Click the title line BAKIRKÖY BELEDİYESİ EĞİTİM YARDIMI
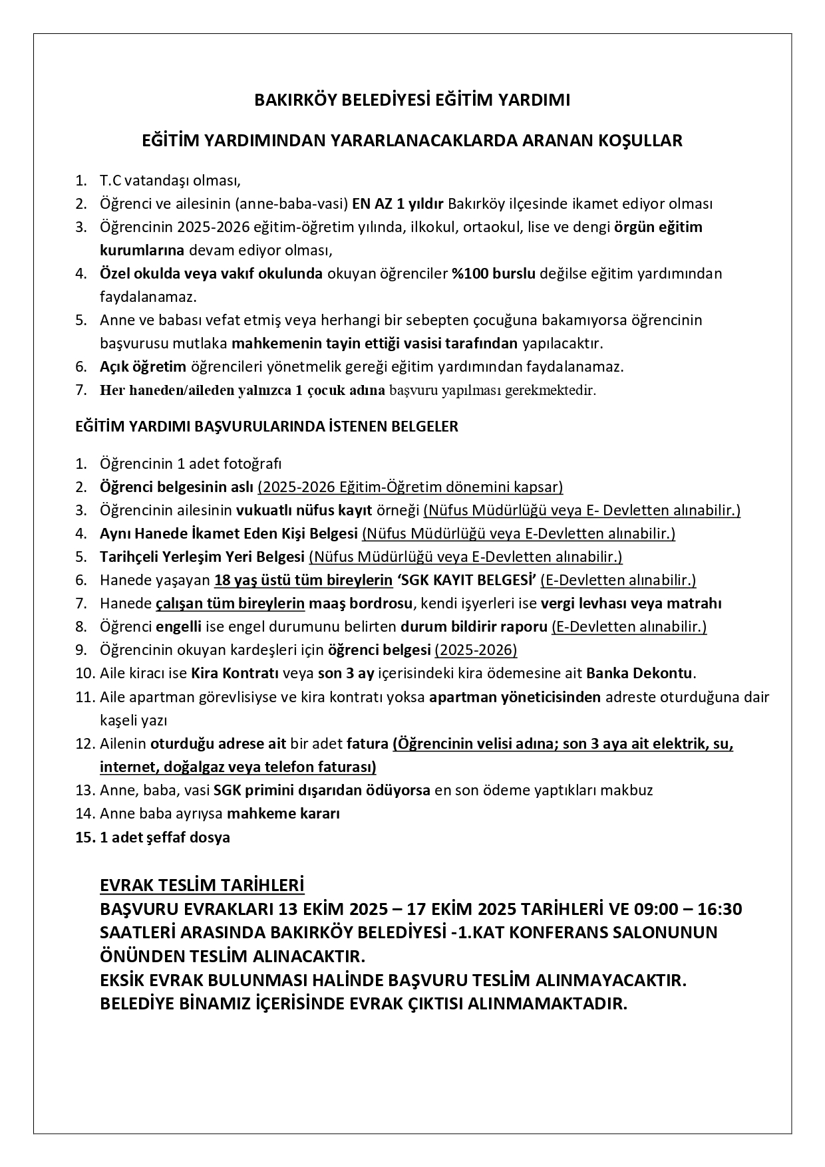(412, 100)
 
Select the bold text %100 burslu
(494, 273)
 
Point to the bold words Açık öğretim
(143, 366)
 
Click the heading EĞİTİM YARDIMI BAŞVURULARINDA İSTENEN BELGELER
(267, 427)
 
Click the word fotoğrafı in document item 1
(254, 463)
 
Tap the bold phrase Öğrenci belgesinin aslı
(176, 487)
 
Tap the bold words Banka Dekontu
(639, 673)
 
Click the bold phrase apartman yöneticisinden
(515, 697)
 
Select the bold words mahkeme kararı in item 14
(283, 813)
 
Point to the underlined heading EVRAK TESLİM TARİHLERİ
(202, 886)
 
